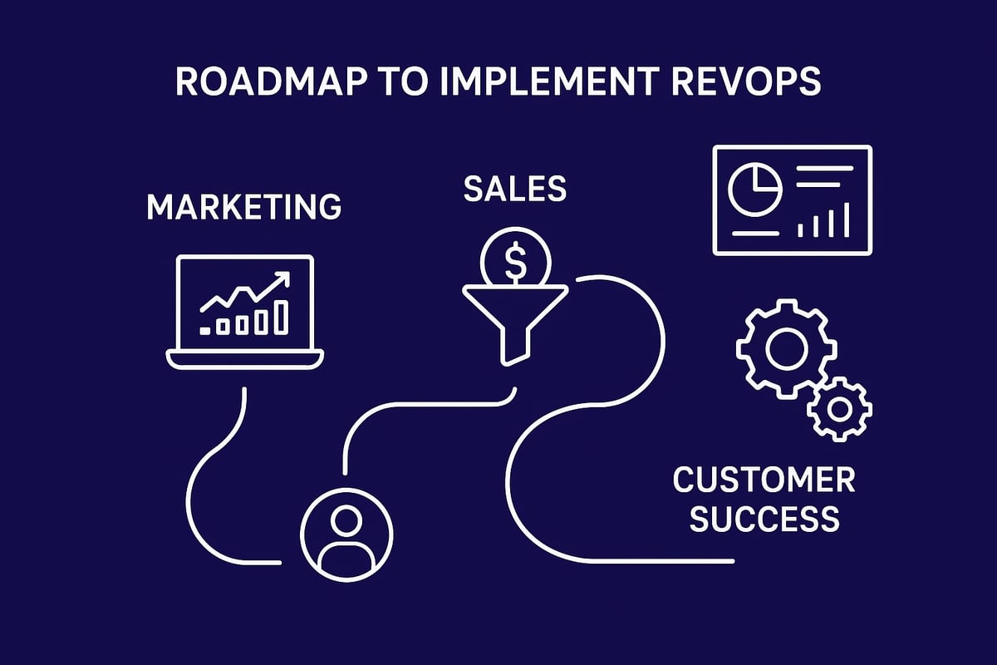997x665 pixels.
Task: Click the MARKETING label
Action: point(243,206)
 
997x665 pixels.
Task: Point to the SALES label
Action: point(515,190)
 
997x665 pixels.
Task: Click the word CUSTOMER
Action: point(764,480)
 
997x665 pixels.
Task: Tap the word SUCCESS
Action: point(764,520)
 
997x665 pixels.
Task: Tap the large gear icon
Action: point(781,349)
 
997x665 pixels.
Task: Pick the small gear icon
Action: point(838,408)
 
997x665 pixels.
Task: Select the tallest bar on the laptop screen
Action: point(282,316)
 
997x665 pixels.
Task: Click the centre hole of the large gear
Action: point(781,349)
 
